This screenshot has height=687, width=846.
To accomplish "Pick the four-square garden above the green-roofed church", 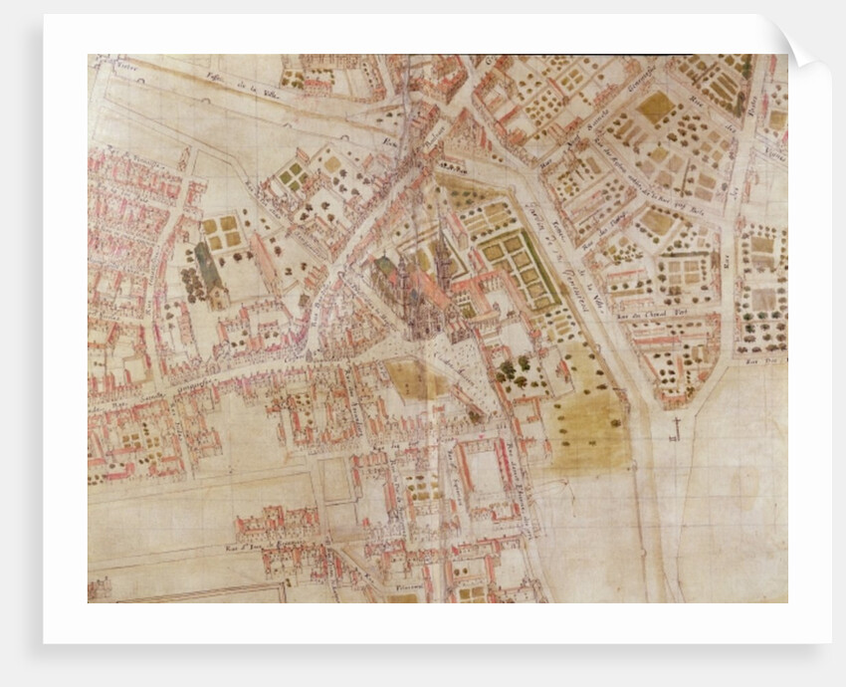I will click(x=222, y=231).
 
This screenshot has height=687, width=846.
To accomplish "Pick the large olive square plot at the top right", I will click(x=654, y=107).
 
